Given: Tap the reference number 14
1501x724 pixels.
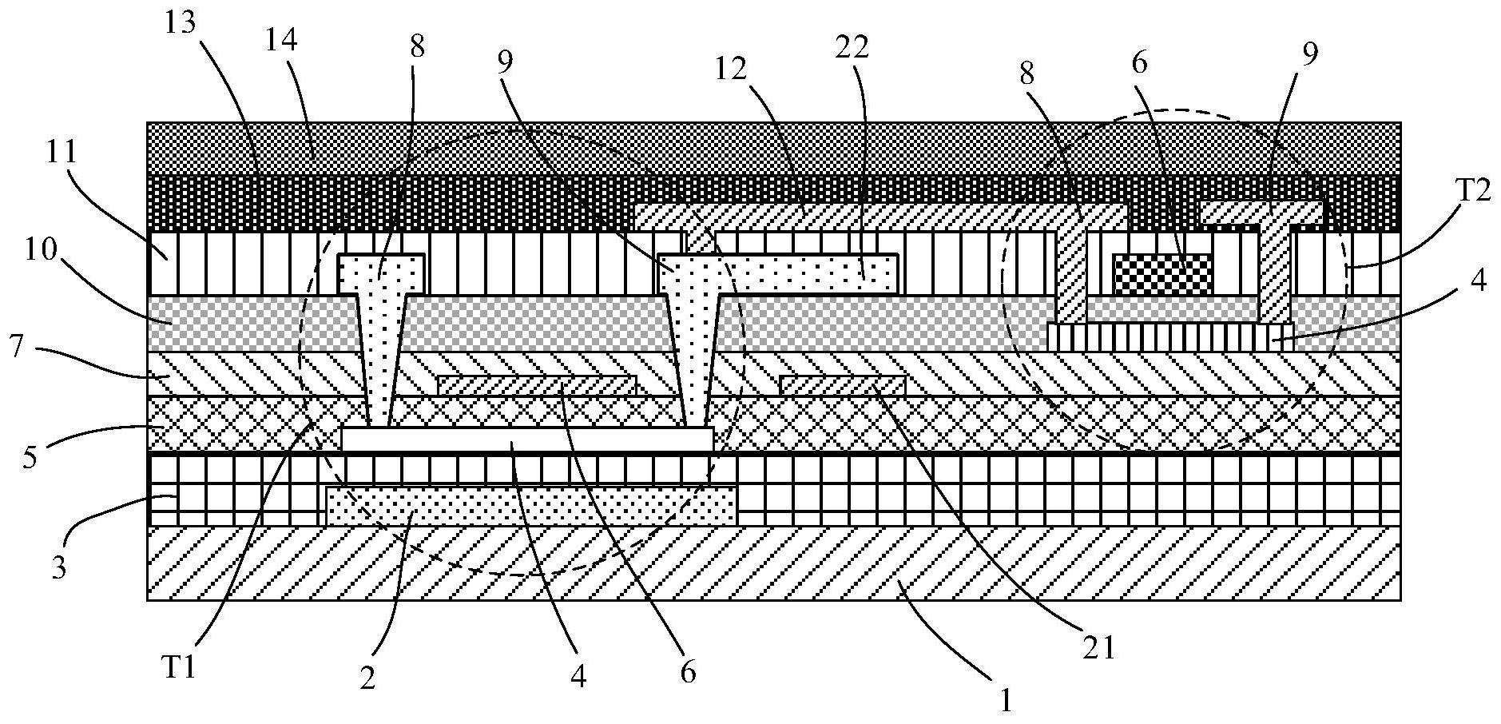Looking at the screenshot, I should [283, 42].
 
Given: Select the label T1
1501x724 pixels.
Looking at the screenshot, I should [178, 667].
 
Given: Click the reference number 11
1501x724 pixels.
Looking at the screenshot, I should [61, 153].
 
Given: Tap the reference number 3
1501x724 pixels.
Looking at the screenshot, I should [58, 568].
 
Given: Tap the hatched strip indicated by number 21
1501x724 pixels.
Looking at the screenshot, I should [843, 385].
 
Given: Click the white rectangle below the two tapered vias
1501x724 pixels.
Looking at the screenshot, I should [527, 439].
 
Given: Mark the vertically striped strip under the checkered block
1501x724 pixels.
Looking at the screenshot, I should [1169, 336].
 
